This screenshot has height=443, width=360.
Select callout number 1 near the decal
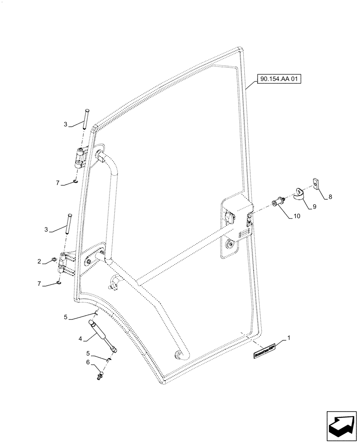pos(289,338)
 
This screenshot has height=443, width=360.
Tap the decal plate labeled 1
pos(264,349)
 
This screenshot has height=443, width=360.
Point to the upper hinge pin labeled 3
pos(86,119)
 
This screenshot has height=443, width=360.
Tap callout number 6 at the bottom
pos(88,362)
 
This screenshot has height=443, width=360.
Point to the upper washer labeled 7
pos(75,181)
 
